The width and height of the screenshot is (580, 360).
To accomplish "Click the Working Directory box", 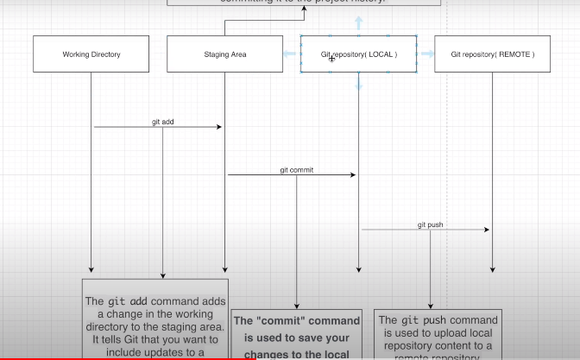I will (x=91, y=54).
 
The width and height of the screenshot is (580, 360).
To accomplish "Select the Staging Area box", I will (x=224, y=54).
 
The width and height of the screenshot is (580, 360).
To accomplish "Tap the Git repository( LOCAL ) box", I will (x=358, y=54).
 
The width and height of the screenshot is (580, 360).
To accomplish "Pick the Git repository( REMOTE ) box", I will (x=492, y=54).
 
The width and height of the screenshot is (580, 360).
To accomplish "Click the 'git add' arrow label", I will (x=162, y=122).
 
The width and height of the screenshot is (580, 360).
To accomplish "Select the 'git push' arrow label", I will (x=430, y=224).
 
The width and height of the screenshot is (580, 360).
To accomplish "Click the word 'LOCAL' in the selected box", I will (x=381, y=54).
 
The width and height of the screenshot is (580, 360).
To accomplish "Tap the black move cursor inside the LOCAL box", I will (x=331, y=59).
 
